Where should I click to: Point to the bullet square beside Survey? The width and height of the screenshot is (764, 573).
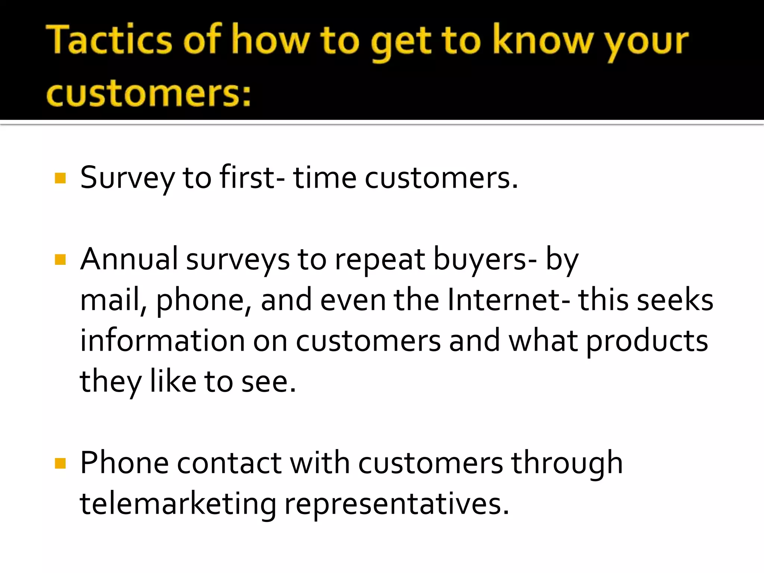(x=60, y=178)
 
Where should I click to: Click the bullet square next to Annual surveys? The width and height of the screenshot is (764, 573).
(x=60, y=259)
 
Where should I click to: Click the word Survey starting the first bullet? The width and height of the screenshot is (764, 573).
(x=127, y=178)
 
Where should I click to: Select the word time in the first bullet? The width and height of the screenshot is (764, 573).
(x=325, y=178)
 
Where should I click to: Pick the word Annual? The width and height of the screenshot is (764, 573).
(x=129, y=259)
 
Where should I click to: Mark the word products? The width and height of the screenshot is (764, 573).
(x=647, y=342)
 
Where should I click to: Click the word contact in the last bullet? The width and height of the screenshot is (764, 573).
(x=229, y=463)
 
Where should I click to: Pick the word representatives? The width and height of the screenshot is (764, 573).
(x=397, y=504)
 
